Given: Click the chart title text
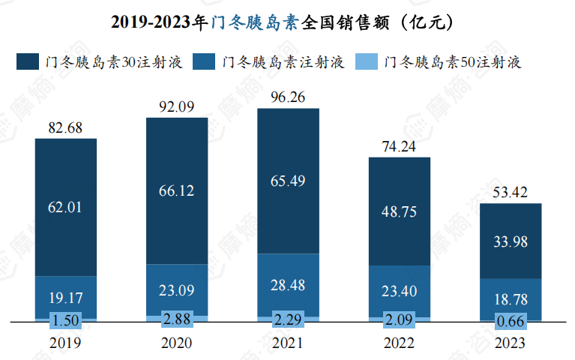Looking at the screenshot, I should tap(287, 22).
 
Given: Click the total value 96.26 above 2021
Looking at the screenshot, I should tap(288, 97).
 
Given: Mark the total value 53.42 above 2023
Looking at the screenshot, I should tap(511, 191).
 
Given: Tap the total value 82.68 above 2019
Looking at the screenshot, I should tap(65, 127).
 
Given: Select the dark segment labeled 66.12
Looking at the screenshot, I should tap(177, 191).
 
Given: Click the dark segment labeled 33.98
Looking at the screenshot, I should tap(511, 241).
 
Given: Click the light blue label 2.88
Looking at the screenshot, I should tap(177, 318).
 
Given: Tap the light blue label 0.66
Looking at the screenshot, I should tap(511, 320).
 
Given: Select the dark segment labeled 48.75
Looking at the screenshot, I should tap(400, 211).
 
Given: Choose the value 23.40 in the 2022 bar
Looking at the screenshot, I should tap(400, 290).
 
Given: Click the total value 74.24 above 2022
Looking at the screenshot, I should tap(400, 146).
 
